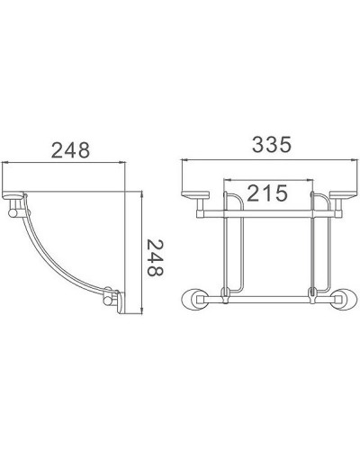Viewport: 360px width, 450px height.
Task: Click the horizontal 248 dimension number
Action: tap(70, 149)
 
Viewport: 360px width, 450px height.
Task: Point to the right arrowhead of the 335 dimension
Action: tap(348, 163)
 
